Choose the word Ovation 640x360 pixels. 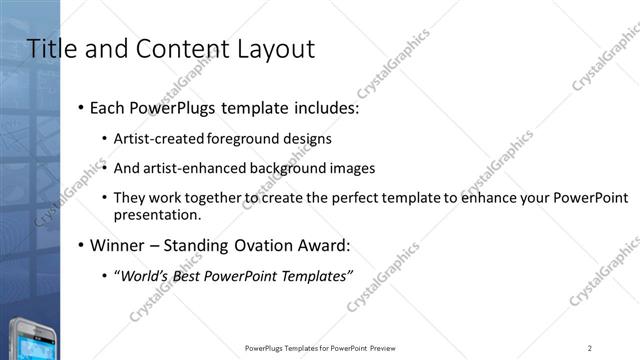pyautogui.click(x=265, y=245)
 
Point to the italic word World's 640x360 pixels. pyautogui.click(x=144, y=275)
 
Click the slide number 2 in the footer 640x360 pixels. pyautogui.click(x=590, y=348)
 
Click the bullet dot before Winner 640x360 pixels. pyautogui.click(x=80, y=246)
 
